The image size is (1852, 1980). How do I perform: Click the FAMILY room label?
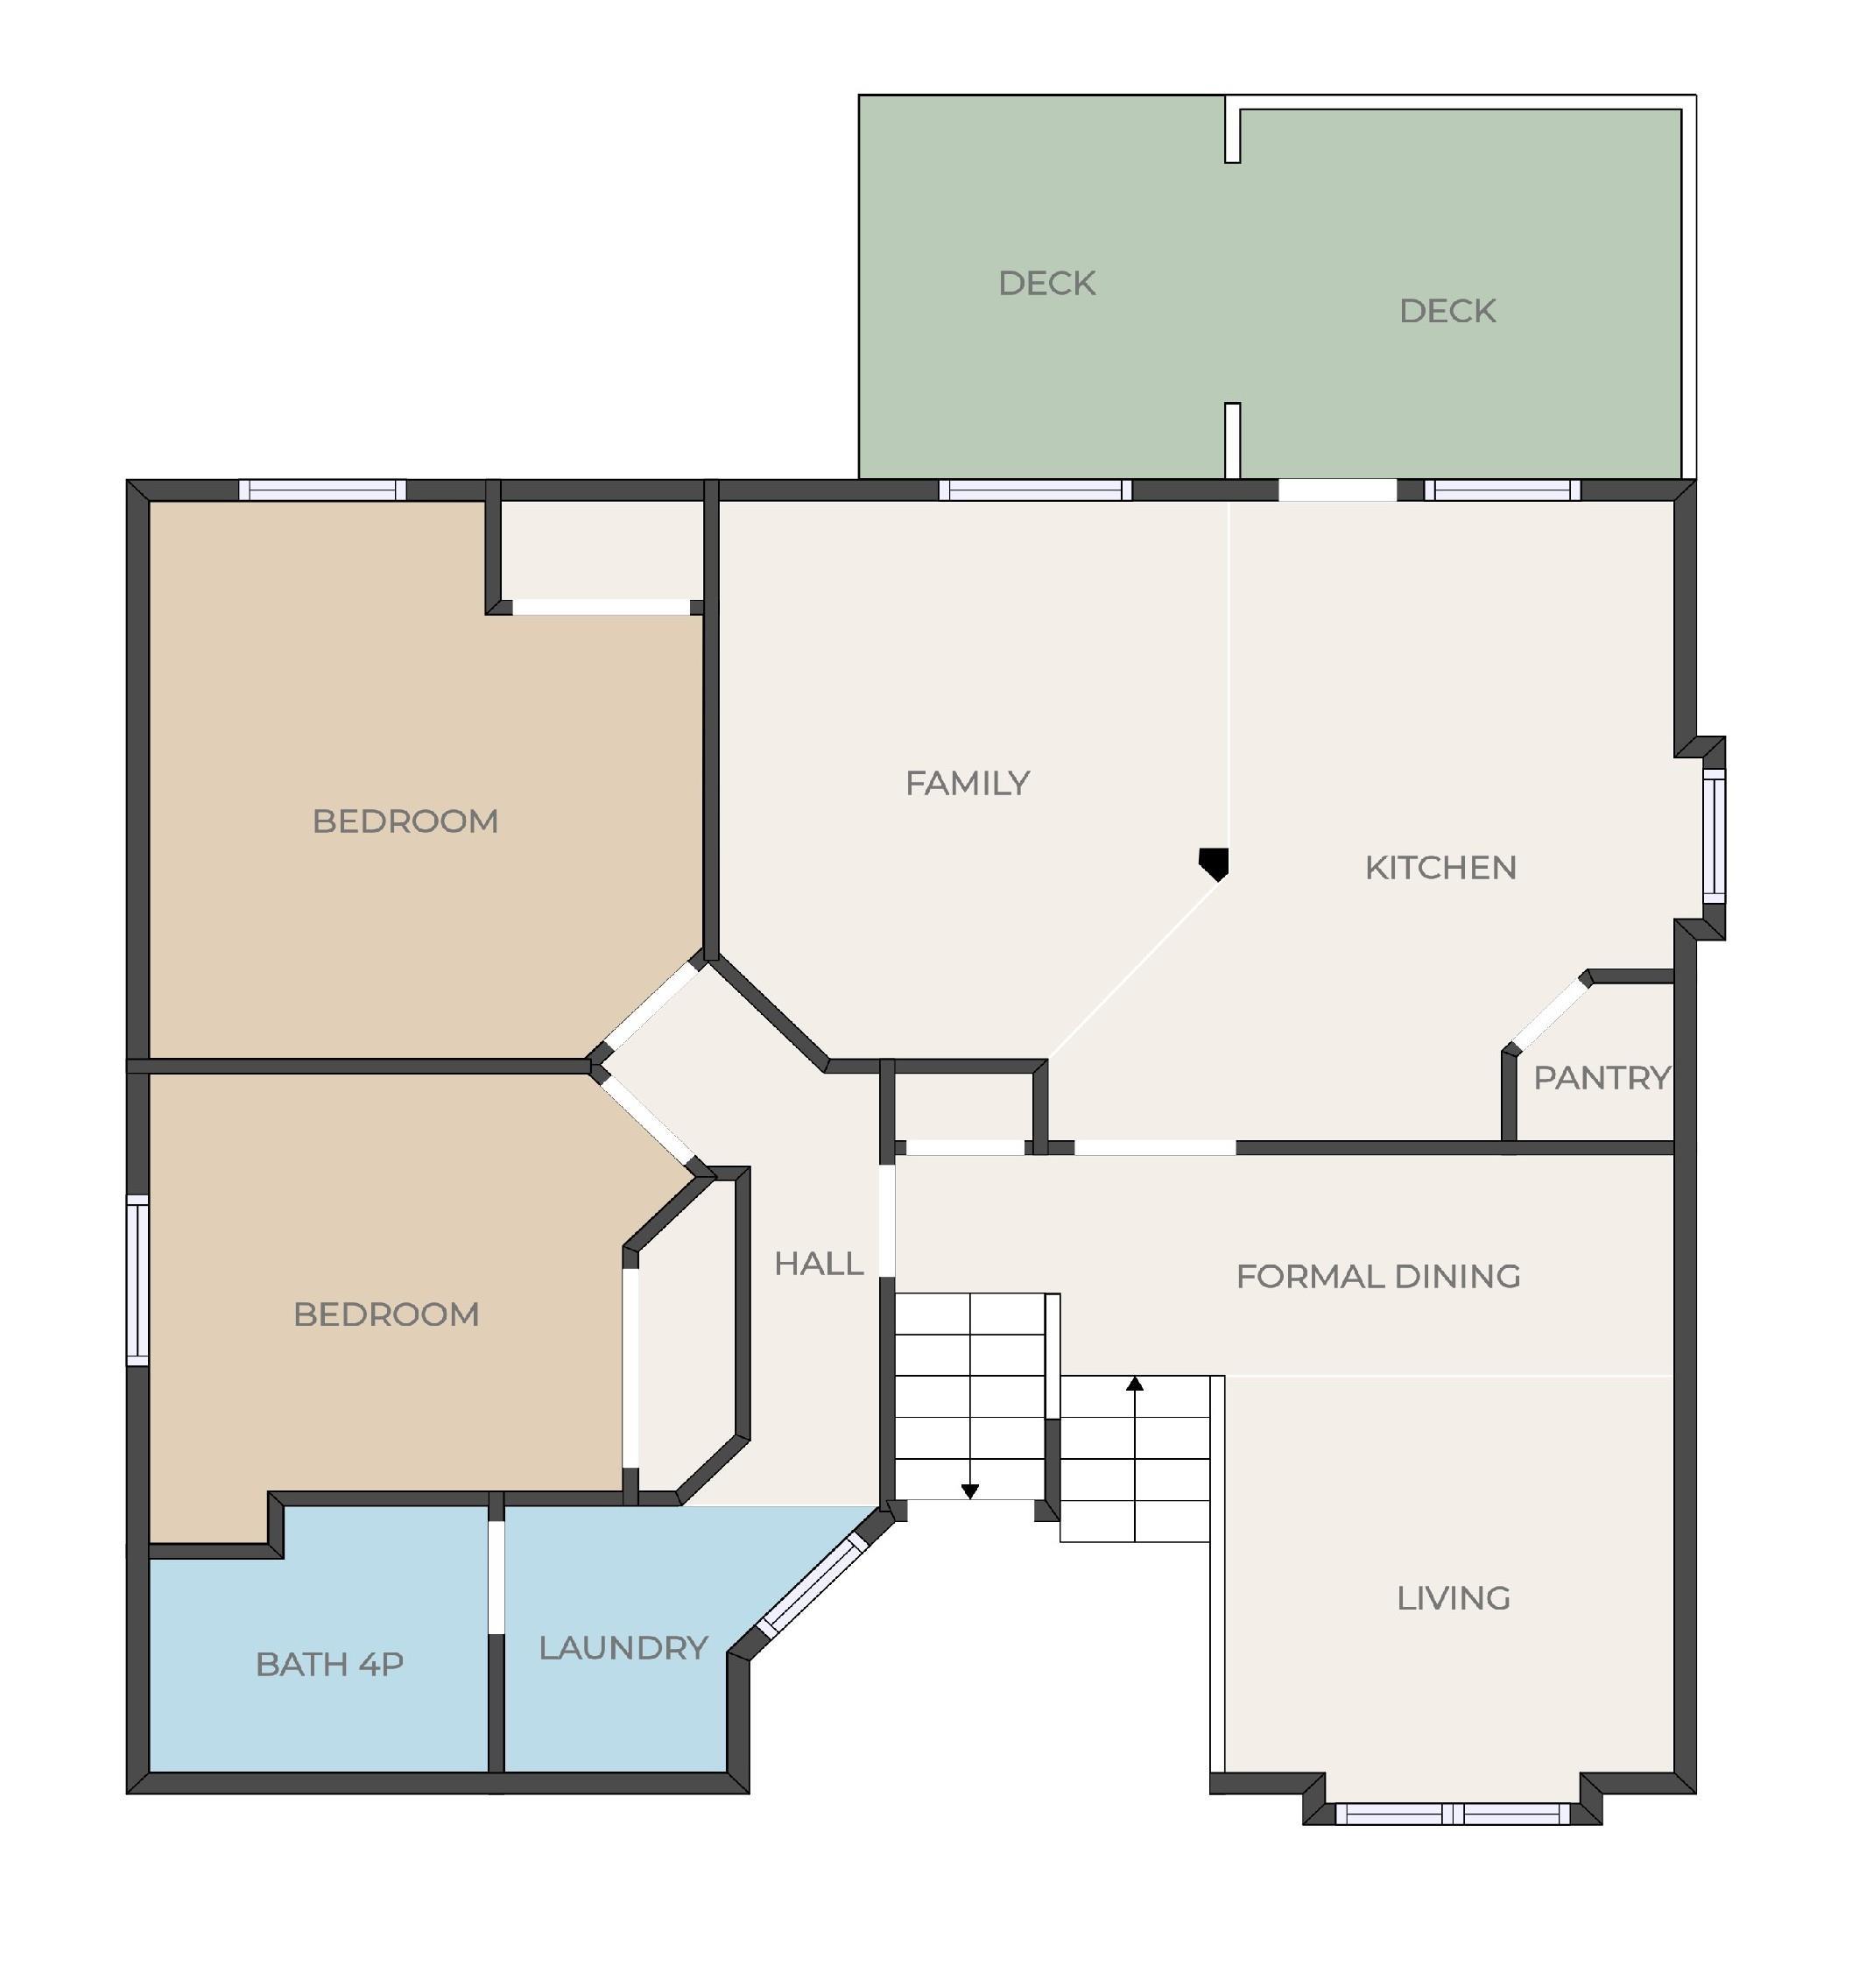pyautogui.click(x=967, y=784)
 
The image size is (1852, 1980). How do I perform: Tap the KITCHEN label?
pyautogui.click(x=1440, y=868)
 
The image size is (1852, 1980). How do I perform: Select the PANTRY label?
pyautogui.click(x=1601, y=1078)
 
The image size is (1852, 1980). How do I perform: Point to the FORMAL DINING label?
pyautogui.click(x=1377, y=1276)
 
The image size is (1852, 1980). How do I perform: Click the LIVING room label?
pyautogui.click(x=1453, y=1597)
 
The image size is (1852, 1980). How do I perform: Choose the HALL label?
pyautogui.click(x=819, y=1263)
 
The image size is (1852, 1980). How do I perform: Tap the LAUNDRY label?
pyautogui.click(x=623, y=1647)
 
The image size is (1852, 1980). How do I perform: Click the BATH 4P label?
pyautogui.click(x=329, y=1663)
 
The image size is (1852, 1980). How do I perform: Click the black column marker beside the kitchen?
pyautogui.click(x=1214, y=863)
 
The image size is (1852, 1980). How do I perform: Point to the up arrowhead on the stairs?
pyautogui.click(x=1134, y=1384)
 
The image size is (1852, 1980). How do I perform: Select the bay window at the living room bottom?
pyautogui.click(x=1452, y=1814)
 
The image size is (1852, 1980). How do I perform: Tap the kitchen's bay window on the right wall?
pyautogui.click(x=1713, y=836)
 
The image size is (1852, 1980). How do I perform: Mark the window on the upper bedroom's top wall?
pyautogui.click(x=321, y=490)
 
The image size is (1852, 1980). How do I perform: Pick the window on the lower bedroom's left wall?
pyautogui.click(x=137, y=1279)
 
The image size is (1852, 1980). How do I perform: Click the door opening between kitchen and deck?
pyautogui.click(x=1337, y=490)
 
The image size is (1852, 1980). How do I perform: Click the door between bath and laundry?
pyautogui.click(x=496, y=1576)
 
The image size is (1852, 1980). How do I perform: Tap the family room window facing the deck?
pyautogui.click(x=1036, y=490)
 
